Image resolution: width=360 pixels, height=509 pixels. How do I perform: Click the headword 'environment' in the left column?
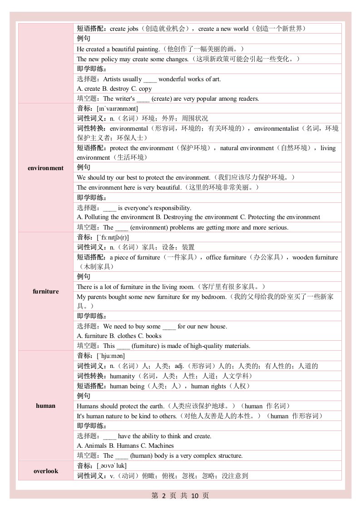[x=45, y=168]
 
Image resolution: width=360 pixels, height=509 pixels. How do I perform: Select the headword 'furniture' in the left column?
[x=45, y=291]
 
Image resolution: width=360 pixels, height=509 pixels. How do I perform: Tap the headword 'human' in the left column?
[x=45, y=406]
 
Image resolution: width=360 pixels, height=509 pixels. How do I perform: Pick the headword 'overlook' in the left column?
[x=45, y=471]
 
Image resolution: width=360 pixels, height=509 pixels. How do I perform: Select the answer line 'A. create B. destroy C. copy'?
[x=114, y=89]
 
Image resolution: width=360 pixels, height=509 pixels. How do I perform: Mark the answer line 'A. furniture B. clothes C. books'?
[x=119, y=336]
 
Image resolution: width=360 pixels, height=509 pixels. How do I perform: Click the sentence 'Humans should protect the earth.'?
[x=121, y=406]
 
